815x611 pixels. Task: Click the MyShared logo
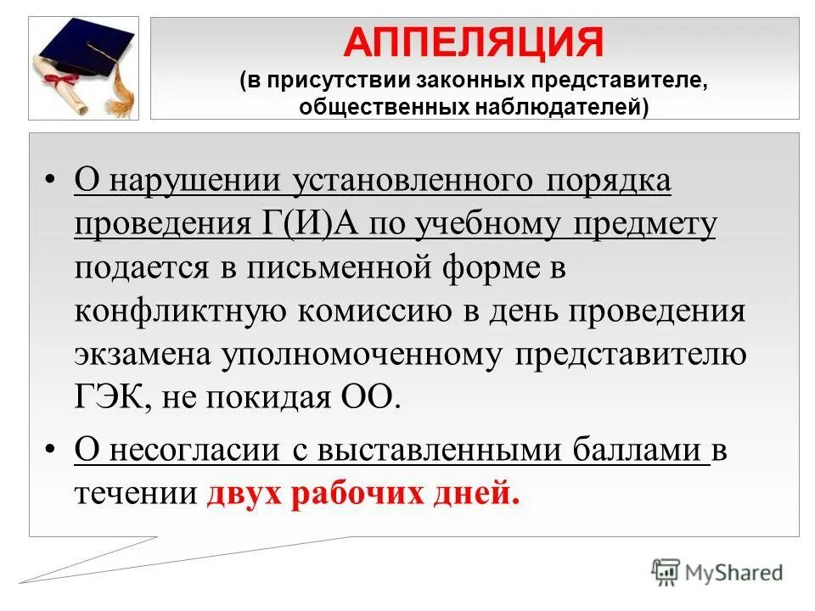(x=717, y=573)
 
